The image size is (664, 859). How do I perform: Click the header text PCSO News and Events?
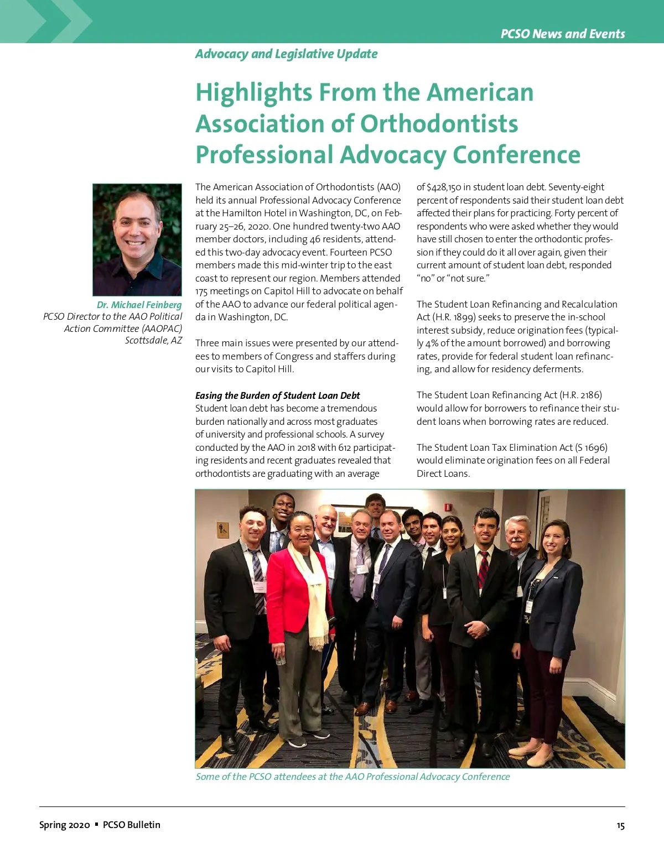pyautogui.click(x=563, y=34)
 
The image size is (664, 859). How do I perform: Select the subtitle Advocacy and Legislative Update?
pyautogui.click(x=286, y=54)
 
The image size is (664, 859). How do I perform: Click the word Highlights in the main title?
pyautogui.click(x=253, y=92)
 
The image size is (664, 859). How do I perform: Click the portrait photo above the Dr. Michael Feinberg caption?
pyautogui.click(x=137, y=240)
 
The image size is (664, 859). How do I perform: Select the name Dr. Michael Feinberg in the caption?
pyautogui.click(x=139, y=305)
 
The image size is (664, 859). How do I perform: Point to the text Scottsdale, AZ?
pyautogui.click(x=153, y=340)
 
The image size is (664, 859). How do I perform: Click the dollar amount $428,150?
pyautogui.click(x=444, y=187)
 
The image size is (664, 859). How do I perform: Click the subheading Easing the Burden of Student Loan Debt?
pyautogui.click(x=277, y=395)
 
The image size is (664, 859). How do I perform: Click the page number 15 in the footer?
pyautogui.click(x=620, y=825)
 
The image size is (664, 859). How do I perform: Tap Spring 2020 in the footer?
pyautogui.click(x=64, y=825)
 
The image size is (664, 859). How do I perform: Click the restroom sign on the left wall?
pyautogui.click(x=224, y=529)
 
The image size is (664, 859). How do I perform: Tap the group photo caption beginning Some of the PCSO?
pyautogui.click(x=352, y=777)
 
